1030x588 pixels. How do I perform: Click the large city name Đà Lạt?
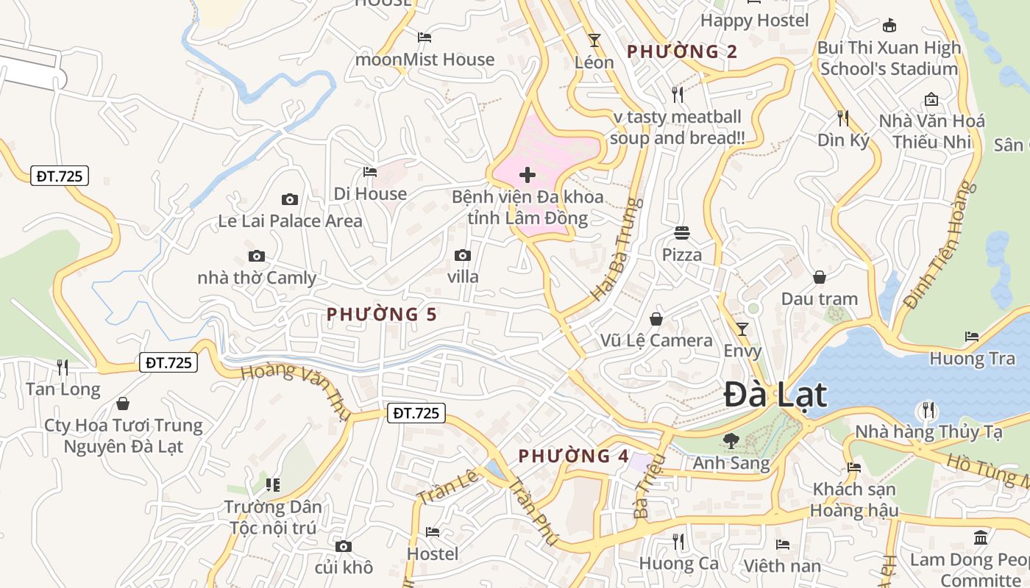(x=775, y=395)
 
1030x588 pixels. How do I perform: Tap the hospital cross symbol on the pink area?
(x=528, y=175)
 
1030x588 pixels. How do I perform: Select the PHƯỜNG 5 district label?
(x=382, y=315)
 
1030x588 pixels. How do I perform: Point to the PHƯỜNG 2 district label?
(x=681, y=51)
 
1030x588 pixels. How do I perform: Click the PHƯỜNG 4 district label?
(x=573, y=456)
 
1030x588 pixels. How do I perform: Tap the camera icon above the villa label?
(x=463, y=255)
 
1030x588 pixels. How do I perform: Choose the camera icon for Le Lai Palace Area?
(x=290, y=199)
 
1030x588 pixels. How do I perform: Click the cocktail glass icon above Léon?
(x=594, y=40)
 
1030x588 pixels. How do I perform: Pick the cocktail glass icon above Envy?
(x=742, y=329)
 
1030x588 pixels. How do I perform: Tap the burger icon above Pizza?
(x=682, y=234)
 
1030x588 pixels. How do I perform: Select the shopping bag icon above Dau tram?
(x=820, y=277)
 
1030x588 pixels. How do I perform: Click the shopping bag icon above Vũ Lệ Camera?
(x=656, y=319)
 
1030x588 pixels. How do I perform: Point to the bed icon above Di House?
(x=370, y=172)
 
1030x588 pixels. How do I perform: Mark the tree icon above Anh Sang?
(x=731, y=441)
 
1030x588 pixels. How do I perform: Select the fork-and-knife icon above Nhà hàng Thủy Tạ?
(x=928, y=409)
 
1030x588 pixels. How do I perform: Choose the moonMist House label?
(x=425, y=60)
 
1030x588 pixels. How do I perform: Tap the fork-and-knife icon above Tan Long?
(x=63, y=367)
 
